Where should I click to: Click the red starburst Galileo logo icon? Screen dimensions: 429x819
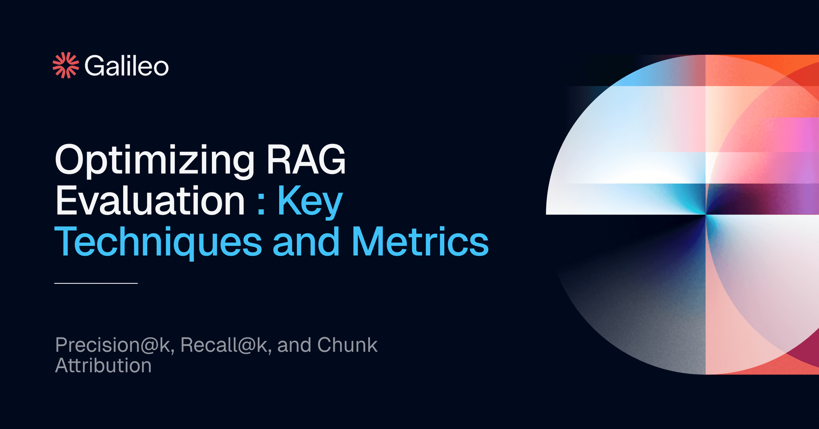point(66,65)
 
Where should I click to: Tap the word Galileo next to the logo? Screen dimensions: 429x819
point(126,66)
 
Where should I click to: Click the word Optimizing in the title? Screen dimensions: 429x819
point(154,160)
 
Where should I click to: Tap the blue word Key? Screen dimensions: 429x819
point(310,202)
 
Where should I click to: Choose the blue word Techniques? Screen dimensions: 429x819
point(158,243)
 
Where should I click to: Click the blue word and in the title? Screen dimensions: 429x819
point(306,242)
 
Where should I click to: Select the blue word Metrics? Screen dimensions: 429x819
point(420,242)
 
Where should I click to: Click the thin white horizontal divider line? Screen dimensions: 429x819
point(96,283)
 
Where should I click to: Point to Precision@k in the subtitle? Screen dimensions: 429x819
point(114,345)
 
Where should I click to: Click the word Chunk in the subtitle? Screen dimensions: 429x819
point(347,345)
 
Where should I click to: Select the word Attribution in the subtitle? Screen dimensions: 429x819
point(103,365)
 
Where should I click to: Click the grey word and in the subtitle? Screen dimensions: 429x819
point(294,345)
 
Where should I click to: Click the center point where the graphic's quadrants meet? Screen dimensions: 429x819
point(706,214)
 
